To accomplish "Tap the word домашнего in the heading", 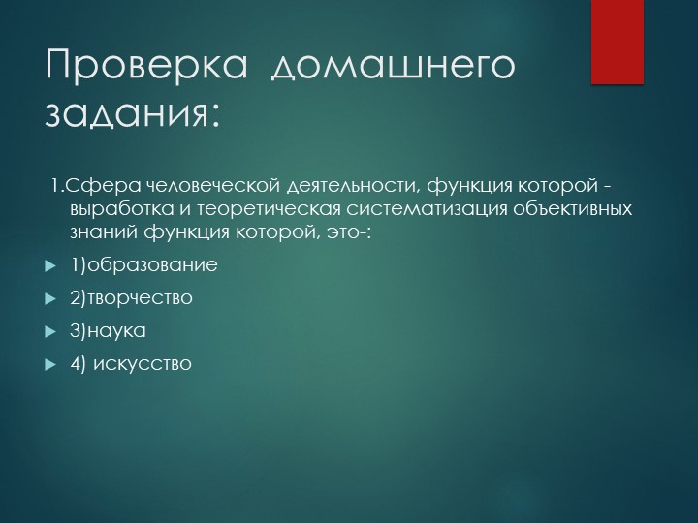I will [x=394, y=68].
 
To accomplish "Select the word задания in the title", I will [x=126, y=114].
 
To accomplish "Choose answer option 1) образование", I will [x=143, y=264].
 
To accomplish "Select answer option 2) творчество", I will [x=132, y=297].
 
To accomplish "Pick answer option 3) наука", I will [x=108, y=330].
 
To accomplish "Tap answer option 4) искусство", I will [x=131, y=363].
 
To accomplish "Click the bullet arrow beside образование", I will [x=50, y=265].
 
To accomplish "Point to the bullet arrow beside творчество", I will [x=50, y=298].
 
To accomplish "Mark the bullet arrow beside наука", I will [x=50, y=331].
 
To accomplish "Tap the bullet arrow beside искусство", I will [x=50, y=364].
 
